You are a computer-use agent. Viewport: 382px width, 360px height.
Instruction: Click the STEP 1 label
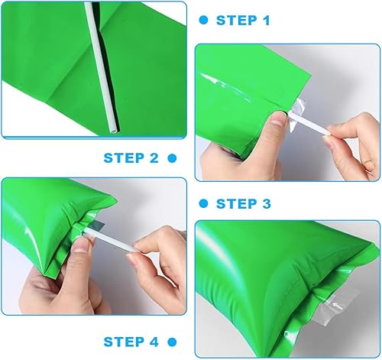243,21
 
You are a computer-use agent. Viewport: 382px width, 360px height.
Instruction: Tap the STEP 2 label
131,158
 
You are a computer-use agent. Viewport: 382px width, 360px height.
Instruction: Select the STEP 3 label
244,203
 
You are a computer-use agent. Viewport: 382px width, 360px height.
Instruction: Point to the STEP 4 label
131,342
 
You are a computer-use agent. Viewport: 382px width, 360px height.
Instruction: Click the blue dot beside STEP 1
203,20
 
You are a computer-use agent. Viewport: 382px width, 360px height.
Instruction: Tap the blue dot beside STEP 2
172,158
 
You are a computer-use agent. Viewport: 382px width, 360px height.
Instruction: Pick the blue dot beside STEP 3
203,203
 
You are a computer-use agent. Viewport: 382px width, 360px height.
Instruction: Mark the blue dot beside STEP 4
172,342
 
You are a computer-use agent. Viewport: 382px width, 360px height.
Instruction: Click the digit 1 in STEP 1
267,21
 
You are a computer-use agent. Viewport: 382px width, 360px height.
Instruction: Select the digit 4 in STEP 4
154,342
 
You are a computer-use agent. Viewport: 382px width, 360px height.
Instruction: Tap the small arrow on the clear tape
337,306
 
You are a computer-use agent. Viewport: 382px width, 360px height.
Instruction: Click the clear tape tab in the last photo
335,308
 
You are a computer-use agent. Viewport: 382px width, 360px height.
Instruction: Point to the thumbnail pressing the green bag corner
278,118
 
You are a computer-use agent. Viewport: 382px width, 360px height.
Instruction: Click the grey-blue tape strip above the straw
96,225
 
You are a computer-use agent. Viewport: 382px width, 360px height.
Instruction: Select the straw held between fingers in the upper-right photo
309,125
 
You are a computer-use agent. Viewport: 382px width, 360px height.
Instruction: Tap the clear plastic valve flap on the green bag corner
296,113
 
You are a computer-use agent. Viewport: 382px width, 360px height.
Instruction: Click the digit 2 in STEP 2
154,158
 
